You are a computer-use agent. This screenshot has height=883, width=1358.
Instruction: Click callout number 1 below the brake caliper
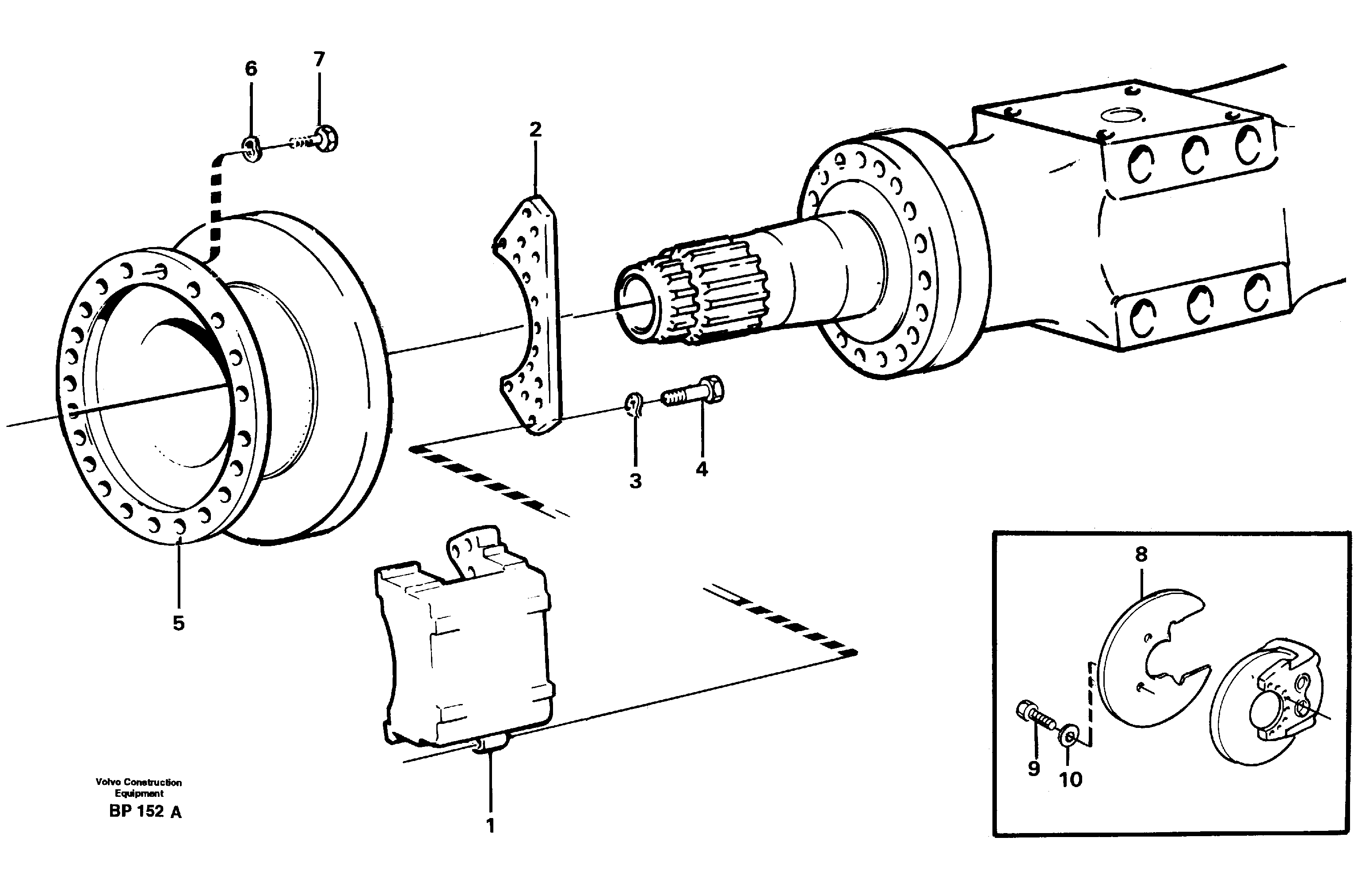tap(489, 826)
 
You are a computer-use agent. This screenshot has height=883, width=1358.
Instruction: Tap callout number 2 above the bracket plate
tap(534, 130)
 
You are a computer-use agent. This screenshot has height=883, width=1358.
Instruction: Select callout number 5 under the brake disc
tap(179, 623)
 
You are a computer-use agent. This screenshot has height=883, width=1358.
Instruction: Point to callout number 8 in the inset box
tap(1141, 554)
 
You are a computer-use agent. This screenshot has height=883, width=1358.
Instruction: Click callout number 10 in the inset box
tap(1070, 779)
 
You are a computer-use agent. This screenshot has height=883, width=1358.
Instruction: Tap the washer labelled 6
tap(252, 150)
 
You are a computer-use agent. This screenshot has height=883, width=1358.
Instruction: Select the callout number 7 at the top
tap(319, 59)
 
